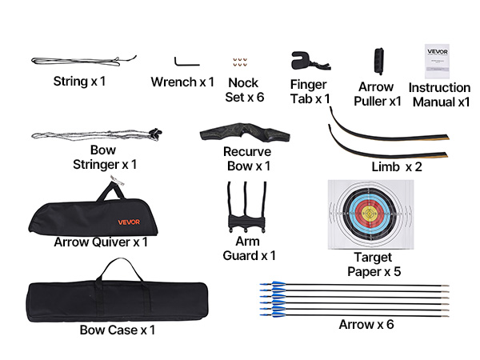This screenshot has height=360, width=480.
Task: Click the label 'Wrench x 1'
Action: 182,82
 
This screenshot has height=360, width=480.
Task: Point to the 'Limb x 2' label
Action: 397,166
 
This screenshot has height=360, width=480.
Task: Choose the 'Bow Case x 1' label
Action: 118,329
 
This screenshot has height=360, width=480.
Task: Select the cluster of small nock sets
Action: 238,63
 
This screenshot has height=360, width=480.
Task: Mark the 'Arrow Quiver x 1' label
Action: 101,242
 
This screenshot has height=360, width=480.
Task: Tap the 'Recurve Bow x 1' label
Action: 246,158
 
